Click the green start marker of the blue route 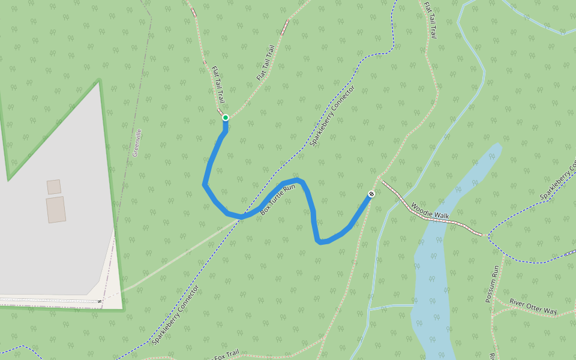(226, 118)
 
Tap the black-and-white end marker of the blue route (371, 194)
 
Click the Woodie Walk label (430, 211)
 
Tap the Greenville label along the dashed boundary (137, 142)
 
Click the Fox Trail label (227, 354)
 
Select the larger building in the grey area (56, 209)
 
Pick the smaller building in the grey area (54, 187)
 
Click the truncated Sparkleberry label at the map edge (557, 181)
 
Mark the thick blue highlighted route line (207, 174)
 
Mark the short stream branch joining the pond (390, 307)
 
